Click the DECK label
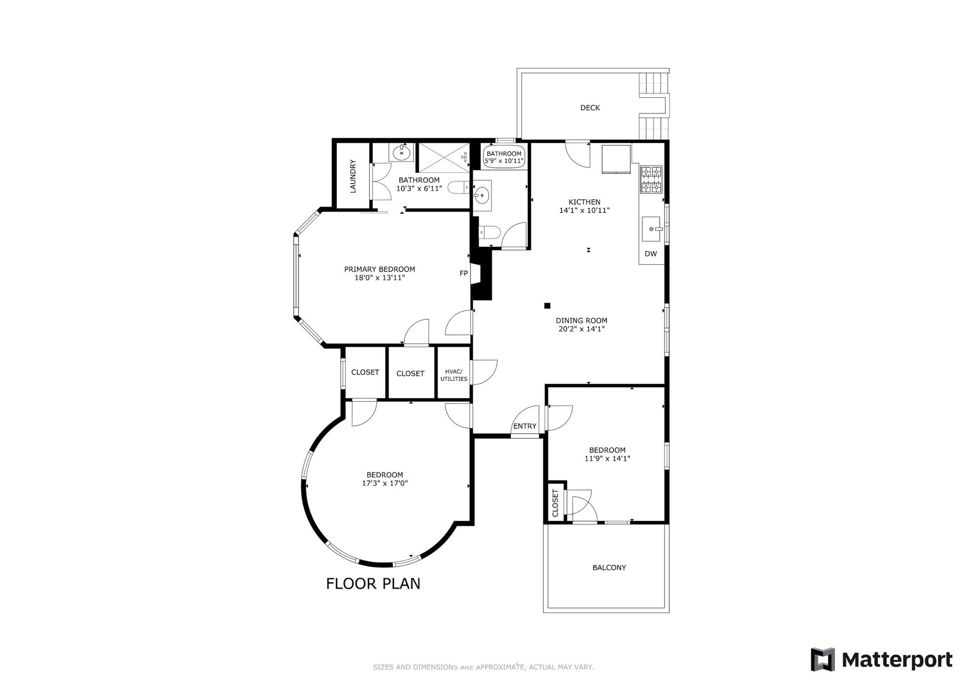[590, 108]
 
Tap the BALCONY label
[609, 568]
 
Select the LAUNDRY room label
[353, 176]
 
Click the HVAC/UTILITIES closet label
[454, 375]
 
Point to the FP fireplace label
[464, 273]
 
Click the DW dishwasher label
[651, 254]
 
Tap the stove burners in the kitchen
[651, 179]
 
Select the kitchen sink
[652, 229]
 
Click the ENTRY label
[525, 426]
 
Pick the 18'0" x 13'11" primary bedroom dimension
[379, 278]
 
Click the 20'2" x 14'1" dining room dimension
[581, 329]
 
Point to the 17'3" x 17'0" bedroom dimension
[385, 483]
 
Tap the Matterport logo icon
[822, 659]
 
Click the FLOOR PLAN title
[373, 584]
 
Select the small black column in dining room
[547, 306]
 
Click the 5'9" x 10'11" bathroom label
[504, 161]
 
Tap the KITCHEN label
[584, 202]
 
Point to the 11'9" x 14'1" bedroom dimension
[607, 459]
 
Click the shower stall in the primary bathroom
[444, 158]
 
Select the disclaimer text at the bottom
[483, 667]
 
